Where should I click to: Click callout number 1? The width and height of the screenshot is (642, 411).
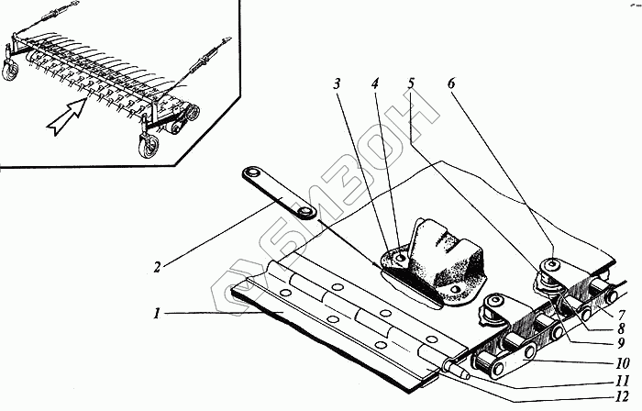click(157, 313)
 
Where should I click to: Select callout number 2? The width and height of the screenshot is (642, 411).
click(158, 268)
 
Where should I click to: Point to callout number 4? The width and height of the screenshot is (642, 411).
click(374, 83)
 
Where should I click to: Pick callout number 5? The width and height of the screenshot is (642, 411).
click(411, 83)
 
